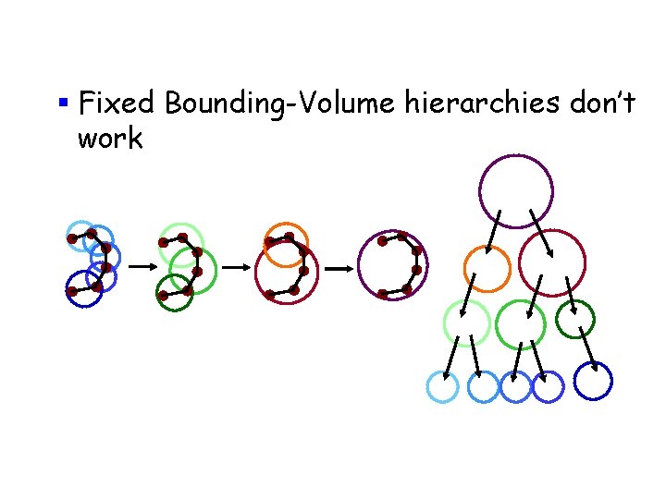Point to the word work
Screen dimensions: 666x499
110,140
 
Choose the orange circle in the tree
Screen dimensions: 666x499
486,269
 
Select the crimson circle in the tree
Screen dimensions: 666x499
552,262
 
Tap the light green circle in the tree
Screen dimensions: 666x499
466,323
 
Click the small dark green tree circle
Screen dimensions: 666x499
574,319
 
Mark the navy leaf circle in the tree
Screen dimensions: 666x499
593,380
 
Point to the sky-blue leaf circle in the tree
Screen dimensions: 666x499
442,386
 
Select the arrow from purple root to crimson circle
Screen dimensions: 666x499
540,231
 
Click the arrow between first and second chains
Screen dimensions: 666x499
141,266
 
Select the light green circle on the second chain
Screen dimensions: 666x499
178,242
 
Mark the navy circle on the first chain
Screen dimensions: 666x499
83,290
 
